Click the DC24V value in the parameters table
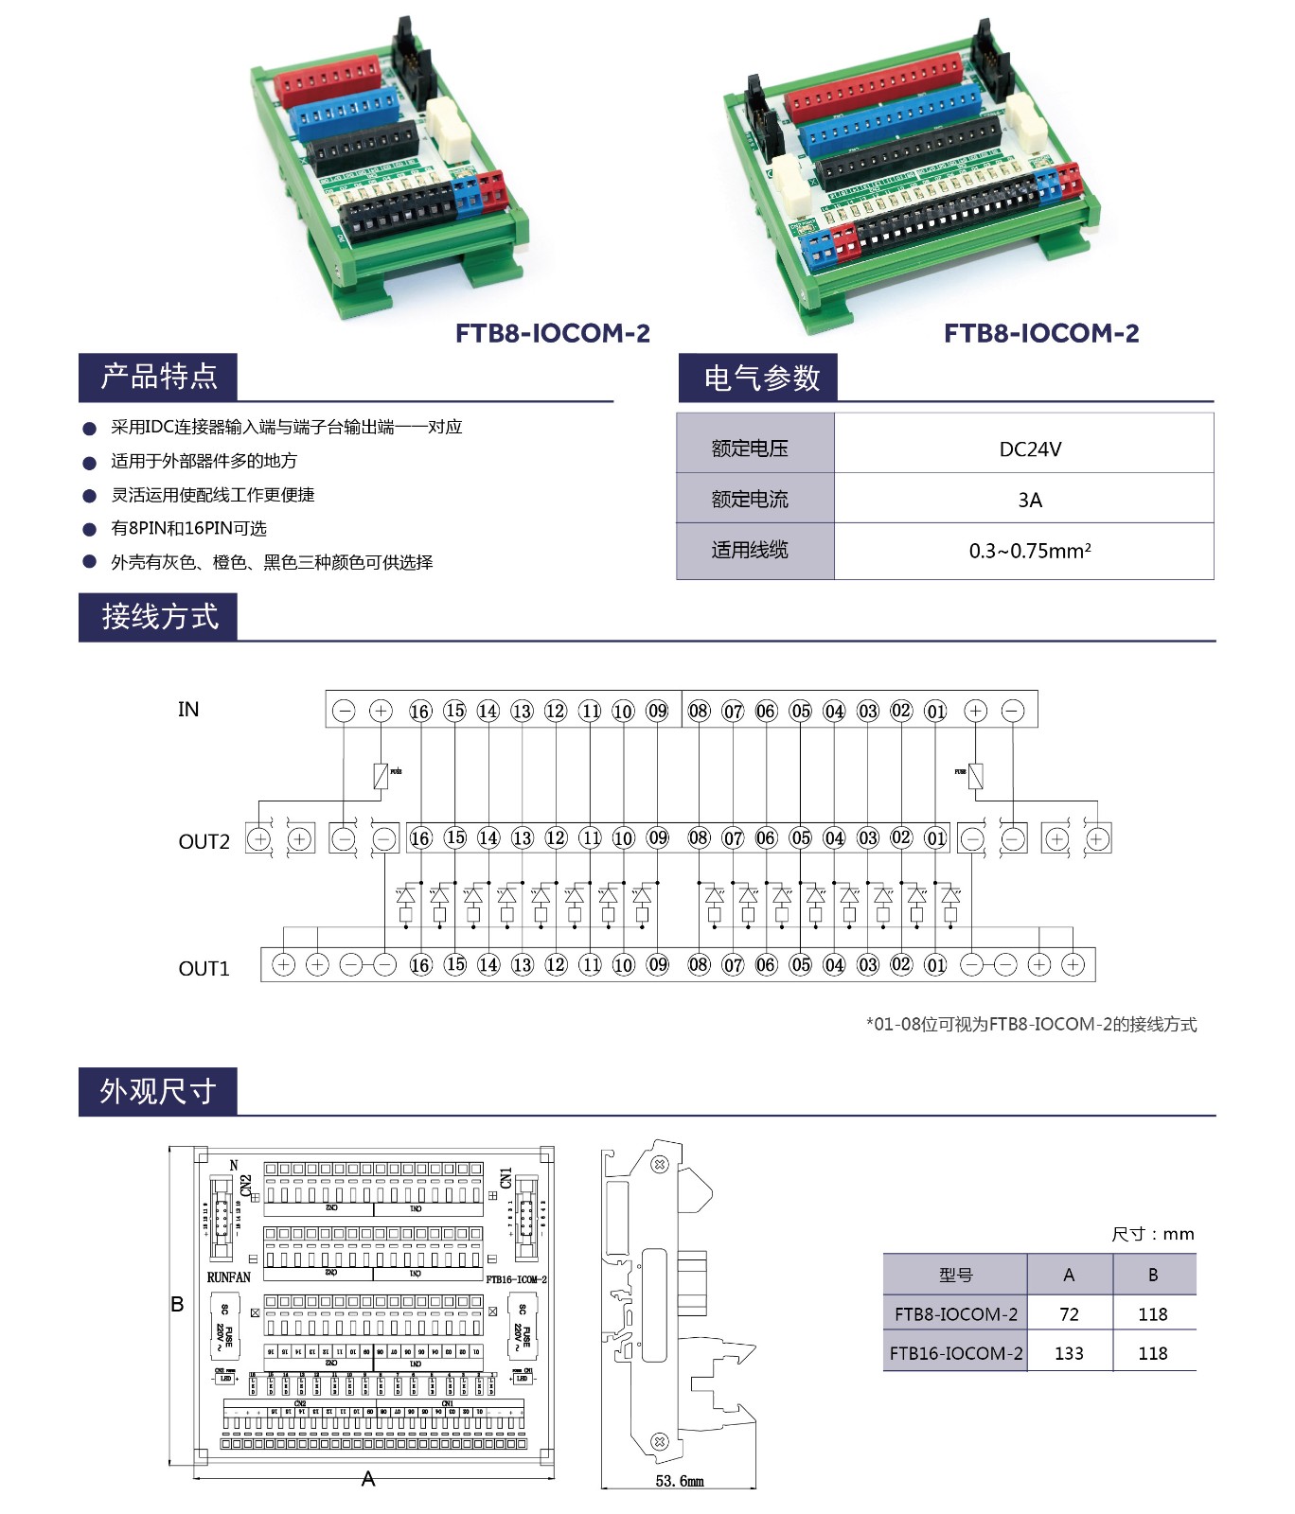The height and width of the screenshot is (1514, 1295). (x=1030, y=449)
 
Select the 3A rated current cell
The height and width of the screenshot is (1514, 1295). (x=1030, y=500)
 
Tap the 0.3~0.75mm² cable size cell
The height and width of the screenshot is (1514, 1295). (x=1030, y=551)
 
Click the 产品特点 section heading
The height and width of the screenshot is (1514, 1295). (x=159, y=377)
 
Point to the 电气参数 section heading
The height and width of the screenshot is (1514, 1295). (x=761, y=378)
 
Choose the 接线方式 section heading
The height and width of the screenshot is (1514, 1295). (x=159, y=617)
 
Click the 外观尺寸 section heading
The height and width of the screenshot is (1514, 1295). (x=158, y=1091)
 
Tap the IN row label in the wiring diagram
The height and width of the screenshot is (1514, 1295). (x=188, y=710)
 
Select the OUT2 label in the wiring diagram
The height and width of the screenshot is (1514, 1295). (x=204, y=842)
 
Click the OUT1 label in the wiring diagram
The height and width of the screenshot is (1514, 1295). (x=204, y=969)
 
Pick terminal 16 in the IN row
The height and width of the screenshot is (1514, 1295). (x=420, y=712)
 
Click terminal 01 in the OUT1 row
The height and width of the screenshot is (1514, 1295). (x=935, y=965)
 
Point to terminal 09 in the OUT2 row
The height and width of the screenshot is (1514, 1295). (x=657, y=838)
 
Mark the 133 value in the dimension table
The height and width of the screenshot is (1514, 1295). (x=1069, y=1353)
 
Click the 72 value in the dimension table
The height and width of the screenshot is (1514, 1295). (x=1069, y=1314)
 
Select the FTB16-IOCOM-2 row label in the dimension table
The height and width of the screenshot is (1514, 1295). (x=956, y=1353)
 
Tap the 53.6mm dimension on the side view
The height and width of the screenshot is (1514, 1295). (x=680, y=1481)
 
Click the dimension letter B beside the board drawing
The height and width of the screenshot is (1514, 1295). (x=177, y=1304)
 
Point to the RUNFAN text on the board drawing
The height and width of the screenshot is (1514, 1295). (x=229, y=1277)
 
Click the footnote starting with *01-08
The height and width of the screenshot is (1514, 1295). (x=1031, y=1024)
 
